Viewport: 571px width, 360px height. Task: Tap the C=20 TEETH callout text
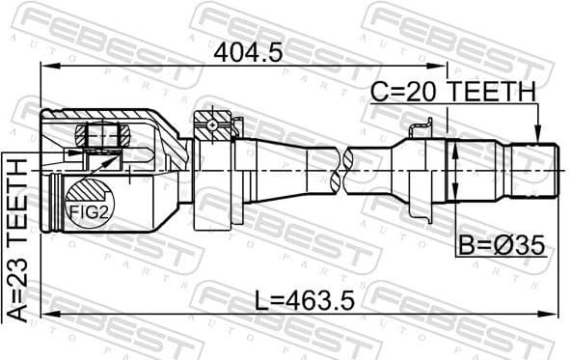[x=453, y=92]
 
